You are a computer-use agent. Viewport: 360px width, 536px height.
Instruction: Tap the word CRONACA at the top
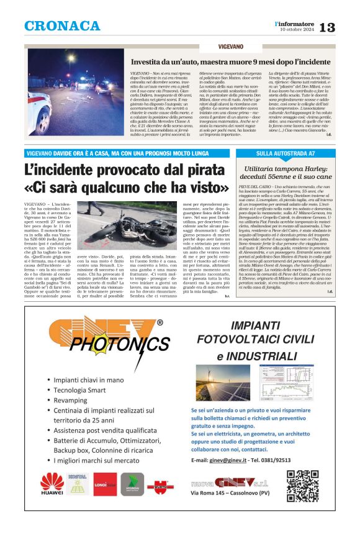62,26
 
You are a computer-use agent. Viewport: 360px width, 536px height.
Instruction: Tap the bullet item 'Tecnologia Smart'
79,390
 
